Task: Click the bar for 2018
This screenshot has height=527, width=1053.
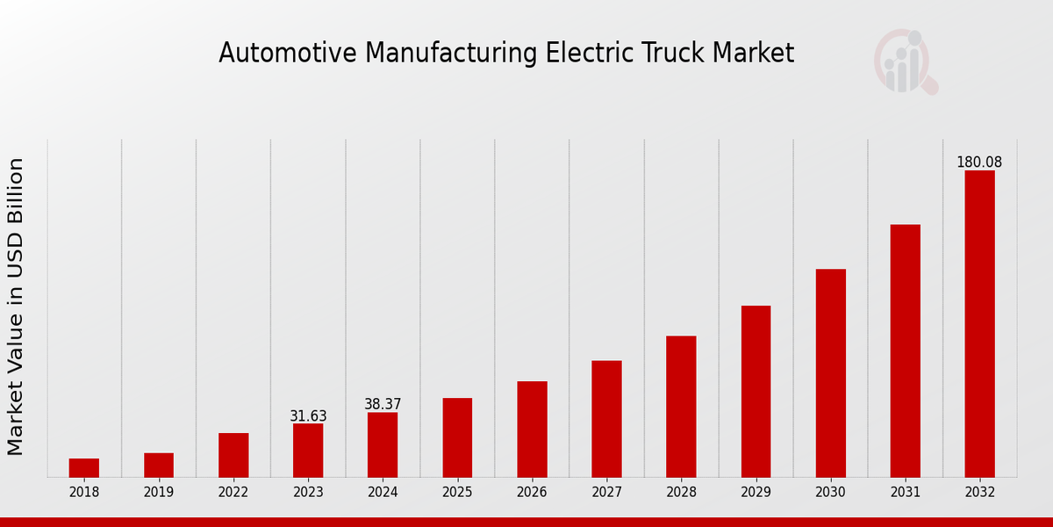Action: (x=84, y=468)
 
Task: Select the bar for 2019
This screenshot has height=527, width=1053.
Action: (x=159, y=466)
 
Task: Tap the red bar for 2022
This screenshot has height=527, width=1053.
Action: (x=233, y=455)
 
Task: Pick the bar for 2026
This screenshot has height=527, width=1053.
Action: (x=532, y=430)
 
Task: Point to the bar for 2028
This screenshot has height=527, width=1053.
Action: (x=681, y=407)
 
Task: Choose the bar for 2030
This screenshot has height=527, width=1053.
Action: (x=830, y=373)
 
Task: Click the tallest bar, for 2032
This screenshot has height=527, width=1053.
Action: (x=979, y=324)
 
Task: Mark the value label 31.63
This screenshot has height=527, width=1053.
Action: (x=308, y=416)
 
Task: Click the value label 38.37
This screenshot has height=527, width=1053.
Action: (x=383, y=405)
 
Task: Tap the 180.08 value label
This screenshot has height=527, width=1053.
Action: (x=979, y=162)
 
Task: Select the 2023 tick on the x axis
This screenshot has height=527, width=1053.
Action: (x=308, y=493)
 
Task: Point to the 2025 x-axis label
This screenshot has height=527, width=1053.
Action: (x=457, y=493)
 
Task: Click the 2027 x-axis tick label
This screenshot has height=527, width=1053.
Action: (x=606, y=493)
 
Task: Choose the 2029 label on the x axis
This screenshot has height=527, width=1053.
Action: (x=756, y=493)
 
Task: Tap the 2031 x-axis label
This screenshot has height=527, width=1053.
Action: (x=905, y=493)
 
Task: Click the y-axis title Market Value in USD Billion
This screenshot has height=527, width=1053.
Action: (x=16, y=307)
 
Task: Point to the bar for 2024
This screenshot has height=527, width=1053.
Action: (x=383, y=445)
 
